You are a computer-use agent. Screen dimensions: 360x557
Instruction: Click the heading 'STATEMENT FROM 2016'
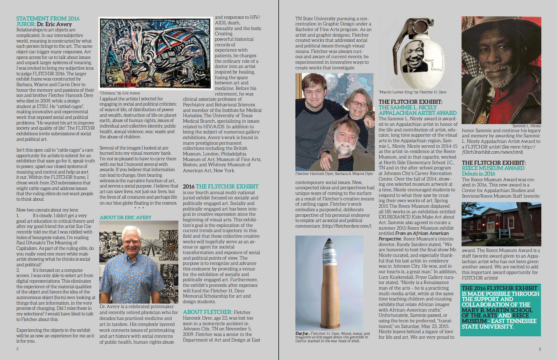click(x=48, y=18)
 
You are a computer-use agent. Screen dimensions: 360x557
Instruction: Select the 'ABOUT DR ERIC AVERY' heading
click(x=125, y=217)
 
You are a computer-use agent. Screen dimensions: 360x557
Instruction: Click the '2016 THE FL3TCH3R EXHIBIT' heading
click(x=221, y=186)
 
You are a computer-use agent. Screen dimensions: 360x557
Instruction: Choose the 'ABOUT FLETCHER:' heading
click(x=208, y=312)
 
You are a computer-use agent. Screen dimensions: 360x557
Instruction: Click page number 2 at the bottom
click(x=17, y=348)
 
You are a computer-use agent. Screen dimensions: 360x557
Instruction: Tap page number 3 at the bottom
click(x=540, y=349)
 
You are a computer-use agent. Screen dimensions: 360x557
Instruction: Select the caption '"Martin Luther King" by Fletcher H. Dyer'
click(x=412, y=92)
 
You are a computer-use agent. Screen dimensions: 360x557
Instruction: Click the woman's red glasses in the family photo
click(x=359, y=104)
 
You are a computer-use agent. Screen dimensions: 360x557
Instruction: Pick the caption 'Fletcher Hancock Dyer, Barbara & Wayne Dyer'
click(x=334, y=174)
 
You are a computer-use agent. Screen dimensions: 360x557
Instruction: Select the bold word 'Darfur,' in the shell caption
click(x=302, y=334)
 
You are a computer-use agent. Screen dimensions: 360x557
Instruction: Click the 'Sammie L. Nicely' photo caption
click(x=526, y=126)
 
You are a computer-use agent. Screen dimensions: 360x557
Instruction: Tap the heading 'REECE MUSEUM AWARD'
click(x=493, y=168)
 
